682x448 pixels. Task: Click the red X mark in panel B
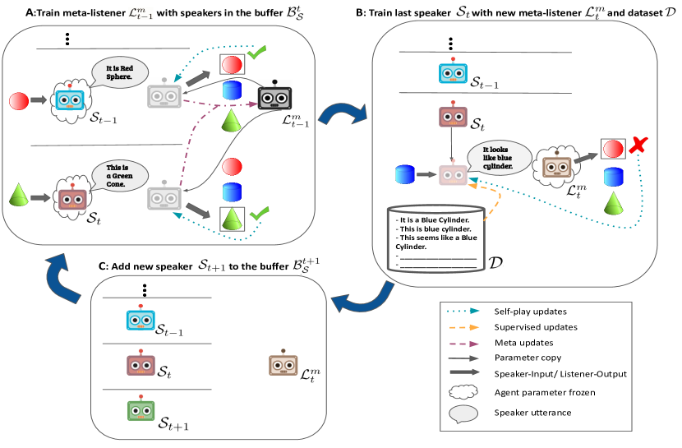637,149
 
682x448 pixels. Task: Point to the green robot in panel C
140,411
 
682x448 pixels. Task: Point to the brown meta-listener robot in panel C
282,365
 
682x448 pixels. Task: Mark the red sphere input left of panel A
17,102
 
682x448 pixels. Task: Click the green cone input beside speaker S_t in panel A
18,198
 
